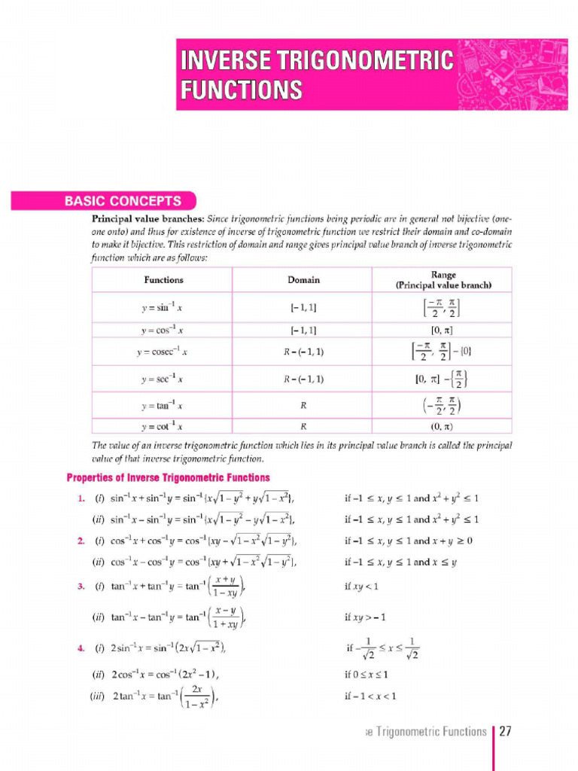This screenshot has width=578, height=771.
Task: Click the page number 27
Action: click(505, 731)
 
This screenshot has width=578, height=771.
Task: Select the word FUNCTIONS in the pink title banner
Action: click(241, 90)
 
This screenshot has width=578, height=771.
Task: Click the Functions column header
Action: click(163, 280)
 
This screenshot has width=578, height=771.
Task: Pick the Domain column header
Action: click(303, 280)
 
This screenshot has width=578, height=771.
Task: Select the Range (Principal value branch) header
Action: click(443, 280)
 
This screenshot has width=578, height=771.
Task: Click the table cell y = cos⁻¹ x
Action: click(163, 331)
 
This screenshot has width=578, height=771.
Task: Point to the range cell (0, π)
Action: click(443, 426)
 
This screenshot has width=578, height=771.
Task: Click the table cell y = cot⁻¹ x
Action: click(163, 426)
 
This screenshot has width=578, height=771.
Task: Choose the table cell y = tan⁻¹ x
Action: click(163, 406)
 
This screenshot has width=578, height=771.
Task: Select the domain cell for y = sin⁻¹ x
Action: click(303, 308)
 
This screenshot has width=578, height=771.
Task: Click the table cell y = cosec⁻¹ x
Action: click(163, 352)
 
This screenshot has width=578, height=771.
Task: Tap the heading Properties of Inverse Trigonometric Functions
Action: click(169, 477)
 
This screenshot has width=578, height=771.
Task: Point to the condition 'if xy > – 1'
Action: click(365, 617)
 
